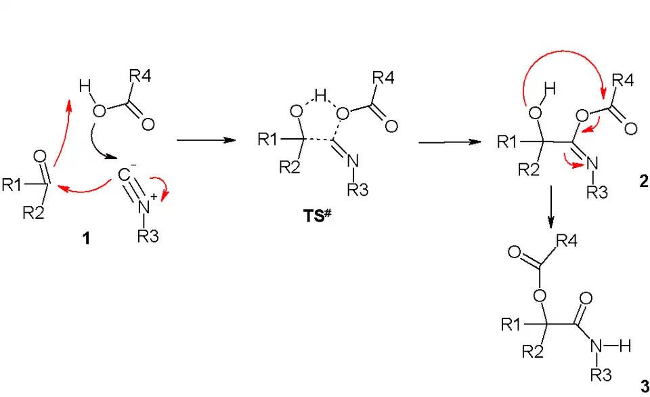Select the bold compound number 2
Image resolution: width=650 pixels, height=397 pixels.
(643, 182)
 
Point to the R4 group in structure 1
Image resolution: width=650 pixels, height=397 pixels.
(140, 77)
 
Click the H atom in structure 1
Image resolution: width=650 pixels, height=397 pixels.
(84, 87)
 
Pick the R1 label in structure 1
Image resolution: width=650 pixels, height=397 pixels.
(13, 185)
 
